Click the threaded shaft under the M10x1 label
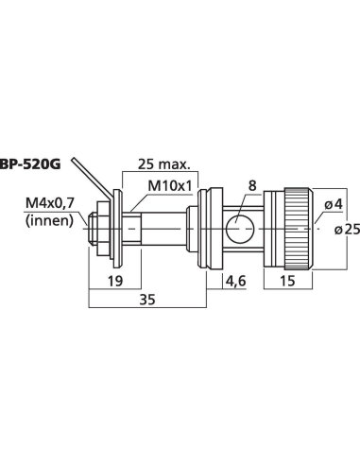tap(156, 228)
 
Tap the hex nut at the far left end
tap(97, 228)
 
